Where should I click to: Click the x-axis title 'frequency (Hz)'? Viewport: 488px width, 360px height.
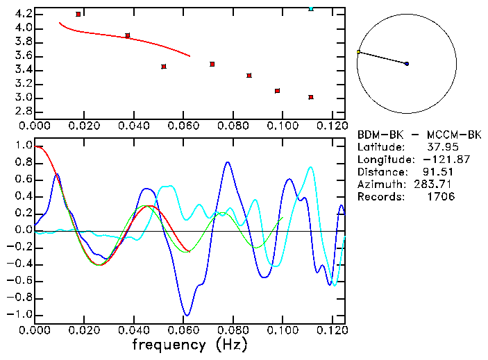pos(190,345)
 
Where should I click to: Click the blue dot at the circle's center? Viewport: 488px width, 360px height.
pos(407,64)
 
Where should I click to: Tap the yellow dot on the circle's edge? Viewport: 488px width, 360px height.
pos(358,52)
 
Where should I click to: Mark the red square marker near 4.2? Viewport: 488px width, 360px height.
pos(78,14)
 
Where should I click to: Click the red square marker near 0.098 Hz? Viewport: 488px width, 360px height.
pos(277,91)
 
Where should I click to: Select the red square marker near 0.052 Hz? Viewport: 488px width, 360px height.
pos(164,67)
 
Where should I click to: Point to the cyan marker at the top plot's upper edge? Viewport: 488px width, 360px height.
pos(311,8)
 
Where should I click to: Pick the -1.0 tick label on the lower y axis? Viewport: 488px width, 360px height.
pos(19,315)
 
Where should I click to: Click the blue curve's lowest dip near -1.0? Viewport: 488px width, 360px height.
pos(186,315)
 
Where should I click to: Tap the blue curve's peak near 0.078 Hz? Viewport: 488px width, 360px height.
pos(228,162)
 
